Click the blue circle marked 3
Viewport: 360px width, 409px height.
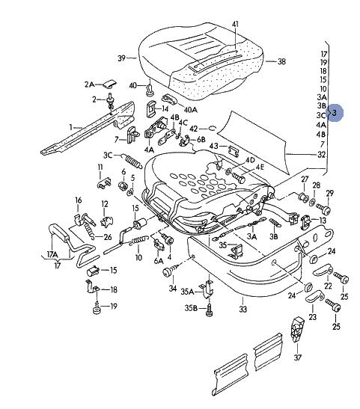pos(335,113)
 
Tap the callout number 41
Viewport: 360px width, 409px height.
pos(235,24)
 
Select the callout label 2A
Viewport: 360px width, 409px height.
pos(89,84)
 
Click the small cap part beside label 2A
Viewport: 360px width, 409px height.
pos(109,83)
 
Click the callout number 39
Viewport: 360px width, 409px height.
pos(122,58)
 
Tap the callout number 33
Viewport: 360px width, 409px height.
pos(243,310)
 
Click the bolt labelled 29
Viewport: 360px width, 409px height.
pos(323,208)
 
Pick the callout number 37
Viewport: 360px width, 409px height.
pos(298,357)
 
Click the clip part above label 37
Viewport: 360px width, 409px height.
pos(298,329)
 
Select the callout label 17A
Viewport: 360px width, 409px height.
pos(52,254)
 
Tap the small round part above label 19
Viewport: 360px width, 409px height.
pos(97,310)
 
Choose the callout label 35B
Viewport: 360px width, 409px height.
pos(191,308)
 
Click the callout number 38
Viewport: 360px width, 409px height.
pos(281,61)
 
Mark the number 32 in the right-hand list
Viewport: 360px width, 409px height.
pos(322,155)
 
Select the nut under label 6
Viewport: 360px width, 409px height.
pos(123,186)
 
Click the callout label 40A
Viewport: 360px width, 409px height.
pos(191,110)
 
